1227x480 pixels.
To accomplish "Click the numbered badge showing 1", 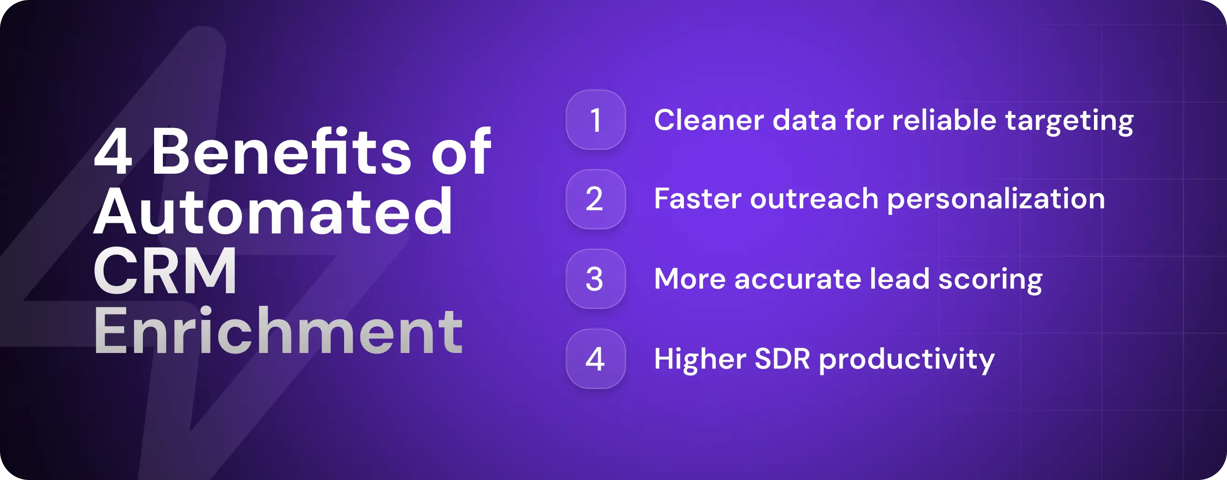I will click(595, 120).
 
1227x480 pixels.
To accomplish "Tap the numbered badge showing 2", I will click(595, 199).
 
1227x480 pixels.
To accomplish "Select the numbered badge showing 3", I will click(595, 279).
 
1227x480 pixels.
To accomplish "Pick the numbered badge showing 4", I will click(595, 359).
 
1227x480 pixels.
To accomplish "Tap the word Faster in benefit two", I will click(698, 199).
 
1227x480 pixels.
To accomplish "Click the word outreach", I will click(814, 199).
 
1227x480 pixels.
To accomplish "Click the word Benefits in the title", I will click(281, 152).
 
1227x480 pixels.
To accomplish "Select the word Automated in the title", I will click(273, 212).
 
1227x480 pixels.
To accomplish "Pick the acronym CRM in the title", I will click(165, 271).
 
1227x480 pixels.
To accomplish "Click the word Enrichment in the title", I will click(278, 332).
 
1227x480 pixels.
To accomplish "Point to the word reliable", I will click(944, 120).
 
